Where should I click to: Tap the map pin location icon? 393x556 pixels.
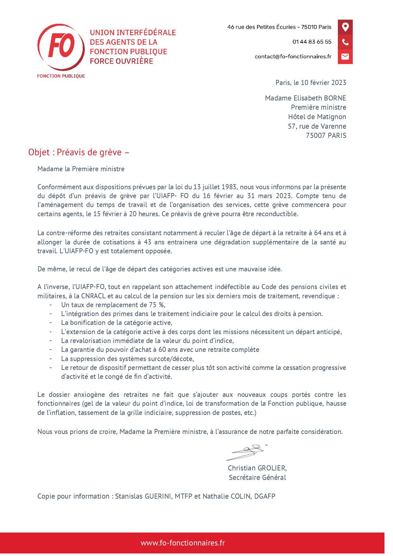pyautogui.click(x=345, y=27)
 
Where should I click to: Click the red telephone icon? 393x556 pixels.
pyautogui.click(x=345, y=42)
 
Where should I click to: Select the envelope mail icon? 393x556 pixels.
pyautogui.click(x=345, y=56)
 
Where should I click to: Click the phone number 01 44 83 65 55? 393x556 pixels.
pyautogui.click(x=312, y=42)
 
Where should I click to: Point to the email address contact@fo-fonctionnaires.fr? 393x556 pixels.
pyautogui.click(x=293, y=56)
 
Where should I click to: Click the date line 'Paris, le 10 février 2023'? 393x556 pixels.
pyautogui.click(x=311, y=83)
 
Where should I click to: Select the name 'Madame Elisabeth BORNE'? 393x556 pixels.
pyautogui.click(x=305, y=98)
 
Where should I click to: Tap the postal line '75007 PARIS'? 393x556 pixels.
pyautogui.click(x=326, y=136)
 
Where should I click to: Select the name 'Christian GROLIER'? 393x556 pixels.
pyautogui.click(x=257, y=468)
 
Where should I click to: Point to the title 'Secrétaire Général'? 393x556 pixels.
pyautogui.click(x=257, y=478)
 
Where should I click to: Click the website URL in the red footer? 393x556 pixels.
pyautogui.click(x=183, y=543)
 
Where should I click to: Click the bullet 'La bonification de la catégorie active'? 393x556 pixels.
pyautogui.click(x=117, y=323)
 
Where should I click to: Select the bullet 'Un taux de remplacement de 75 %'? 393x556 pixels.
pyautogui.click(x=113, y=305)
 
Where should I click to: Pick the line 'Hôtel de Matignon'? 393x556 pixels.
pyautogui.click(x=317, y=117)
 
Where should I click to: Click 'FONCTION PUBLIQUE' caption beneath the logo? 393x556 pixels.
pyautogui.click(x=61, y=76)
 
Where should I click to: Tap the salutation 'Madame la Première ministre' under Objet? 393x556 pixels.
pyautogui.click(x=81, y=169)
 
